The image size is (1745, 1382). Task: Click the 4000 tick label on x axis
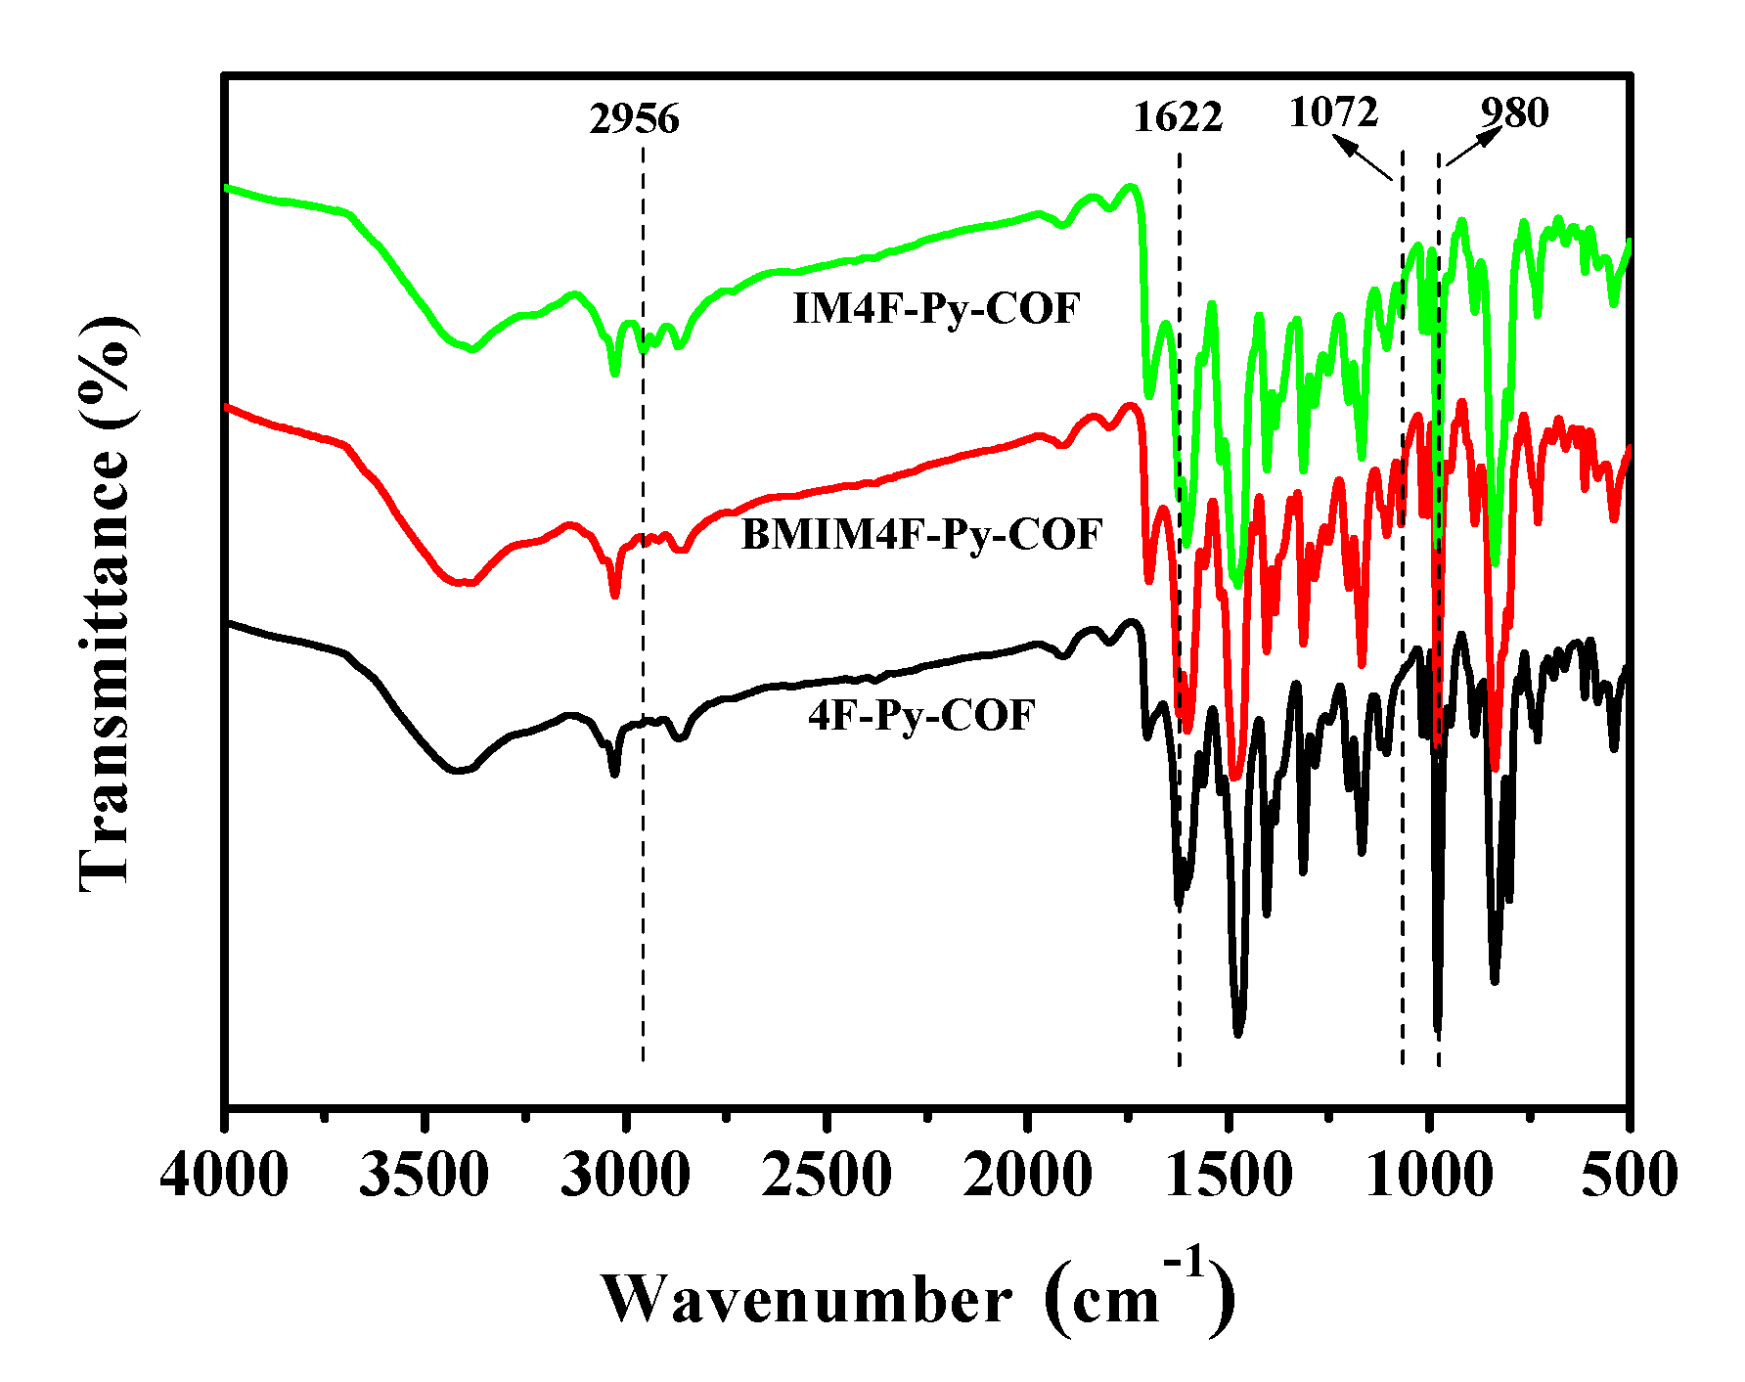coord(224,1174)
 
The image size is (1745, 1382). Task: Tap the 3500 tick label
coord(424,1174)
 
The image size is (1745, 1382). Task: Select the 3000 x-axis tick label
coord(625,1174)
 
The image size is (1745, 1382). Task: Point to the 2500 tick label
coord(827,1174)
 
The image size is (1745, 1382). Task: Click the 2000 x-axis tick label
coord(1027,1174)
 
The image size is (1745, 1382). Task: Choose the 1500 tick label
coord(1229,1174)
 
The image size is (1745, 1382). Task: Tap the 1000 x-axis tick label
coord(1429,1174)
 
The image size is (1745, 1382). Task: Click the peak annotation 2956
coord(634,119)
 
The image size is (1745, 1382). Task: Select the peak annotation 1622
coord(1178,117)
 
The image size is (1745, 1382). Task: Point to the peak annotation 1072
coord(1333,112)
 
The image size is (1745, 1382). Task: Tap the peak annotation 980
coord(1514,113)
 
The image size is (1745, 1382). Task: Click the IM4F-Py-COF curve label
coord(936,310)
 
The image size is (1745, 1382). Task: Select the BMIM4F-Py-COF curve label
coord(921,535)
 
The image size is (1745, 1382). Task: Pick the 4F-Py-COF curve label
coord(920,716)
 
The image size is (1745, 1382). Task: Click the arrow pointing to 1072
coord(1363,158)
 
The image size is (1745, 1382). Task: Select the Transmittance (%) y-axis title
coord(105,603)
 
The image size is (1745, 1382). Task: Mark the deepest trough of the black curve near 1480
coord(1238,1033)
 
